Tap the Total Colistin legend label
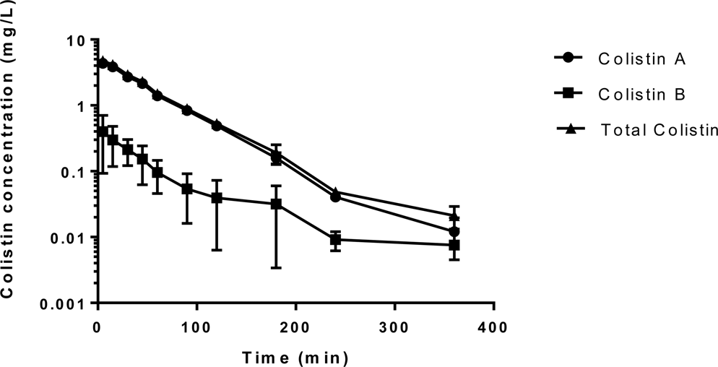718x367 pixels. (659, 130)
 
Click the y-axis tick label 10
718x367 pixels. (77, 40)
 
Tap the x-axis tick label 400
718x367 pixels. (493, 327)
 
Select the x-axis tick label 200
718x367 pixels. (295, 327)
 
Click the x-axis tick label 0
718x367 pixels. (98, 327)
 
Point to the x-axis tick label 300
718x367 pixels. (394, 327)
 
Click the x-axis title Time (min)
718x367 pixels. (295, 356)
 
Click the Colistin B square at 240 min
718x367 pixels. (335, 240)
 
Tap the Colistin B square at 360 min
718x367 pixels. (454, 246)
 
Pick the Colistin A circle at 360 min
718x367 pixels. (454, 232)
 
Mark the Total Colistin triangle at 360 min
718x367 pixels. (454, 216)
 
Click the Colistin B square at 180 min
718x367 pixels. (276, 204)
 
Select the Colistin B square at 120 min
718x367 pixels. (216, 198)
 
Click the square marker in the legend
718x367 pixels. (568, 94)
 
